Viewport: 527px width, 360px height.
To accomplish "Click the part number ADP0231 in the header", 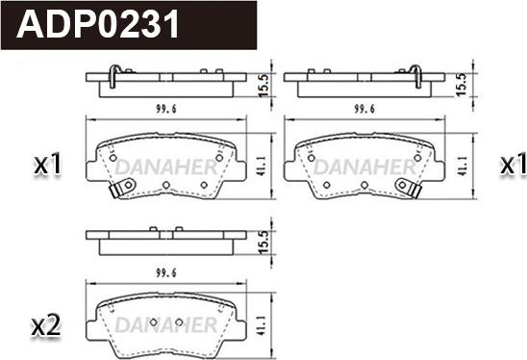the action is point(98,24).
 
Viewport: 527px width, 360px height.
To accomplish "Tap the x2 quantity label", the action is point(46,325).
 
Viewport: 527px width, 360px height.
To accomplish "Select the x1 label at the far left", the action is point(47,164).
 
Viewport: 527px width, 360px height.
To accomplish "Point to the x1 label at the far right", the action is point(513,164).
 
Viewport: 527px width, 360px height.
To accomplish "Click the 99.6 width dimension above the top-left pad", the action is point(166,109).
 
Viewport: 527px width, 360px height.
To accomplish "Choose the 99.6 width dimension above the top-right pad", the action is point(364,109).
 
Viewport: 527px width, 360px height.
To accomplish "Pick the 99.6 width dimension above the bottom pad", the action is point(166,272).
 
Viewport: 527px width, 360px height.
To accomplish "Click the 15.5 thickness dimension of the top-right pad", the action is point(462,85).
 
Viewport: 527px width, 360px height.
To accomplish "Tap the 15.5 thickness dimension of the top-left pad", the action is point(263,86).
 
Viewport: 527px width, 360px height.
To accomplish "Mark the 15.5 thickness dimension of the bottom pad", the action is point(263,243).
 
